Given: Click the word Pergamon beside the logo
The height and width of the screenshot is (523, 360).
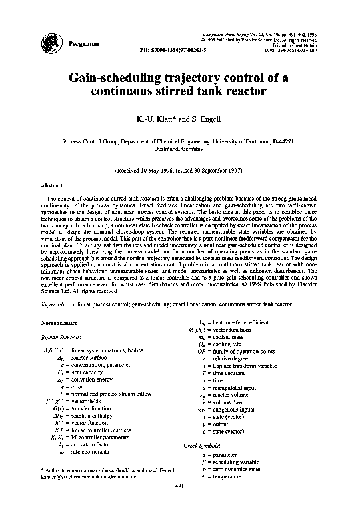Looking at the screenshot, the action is point(83,43).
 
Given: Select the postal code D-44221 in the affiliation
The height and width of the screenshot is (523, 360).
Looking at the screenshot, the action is point(289,142).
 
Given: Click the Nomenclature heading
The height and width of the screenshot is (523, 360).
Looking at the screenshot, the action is point(62,322).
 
